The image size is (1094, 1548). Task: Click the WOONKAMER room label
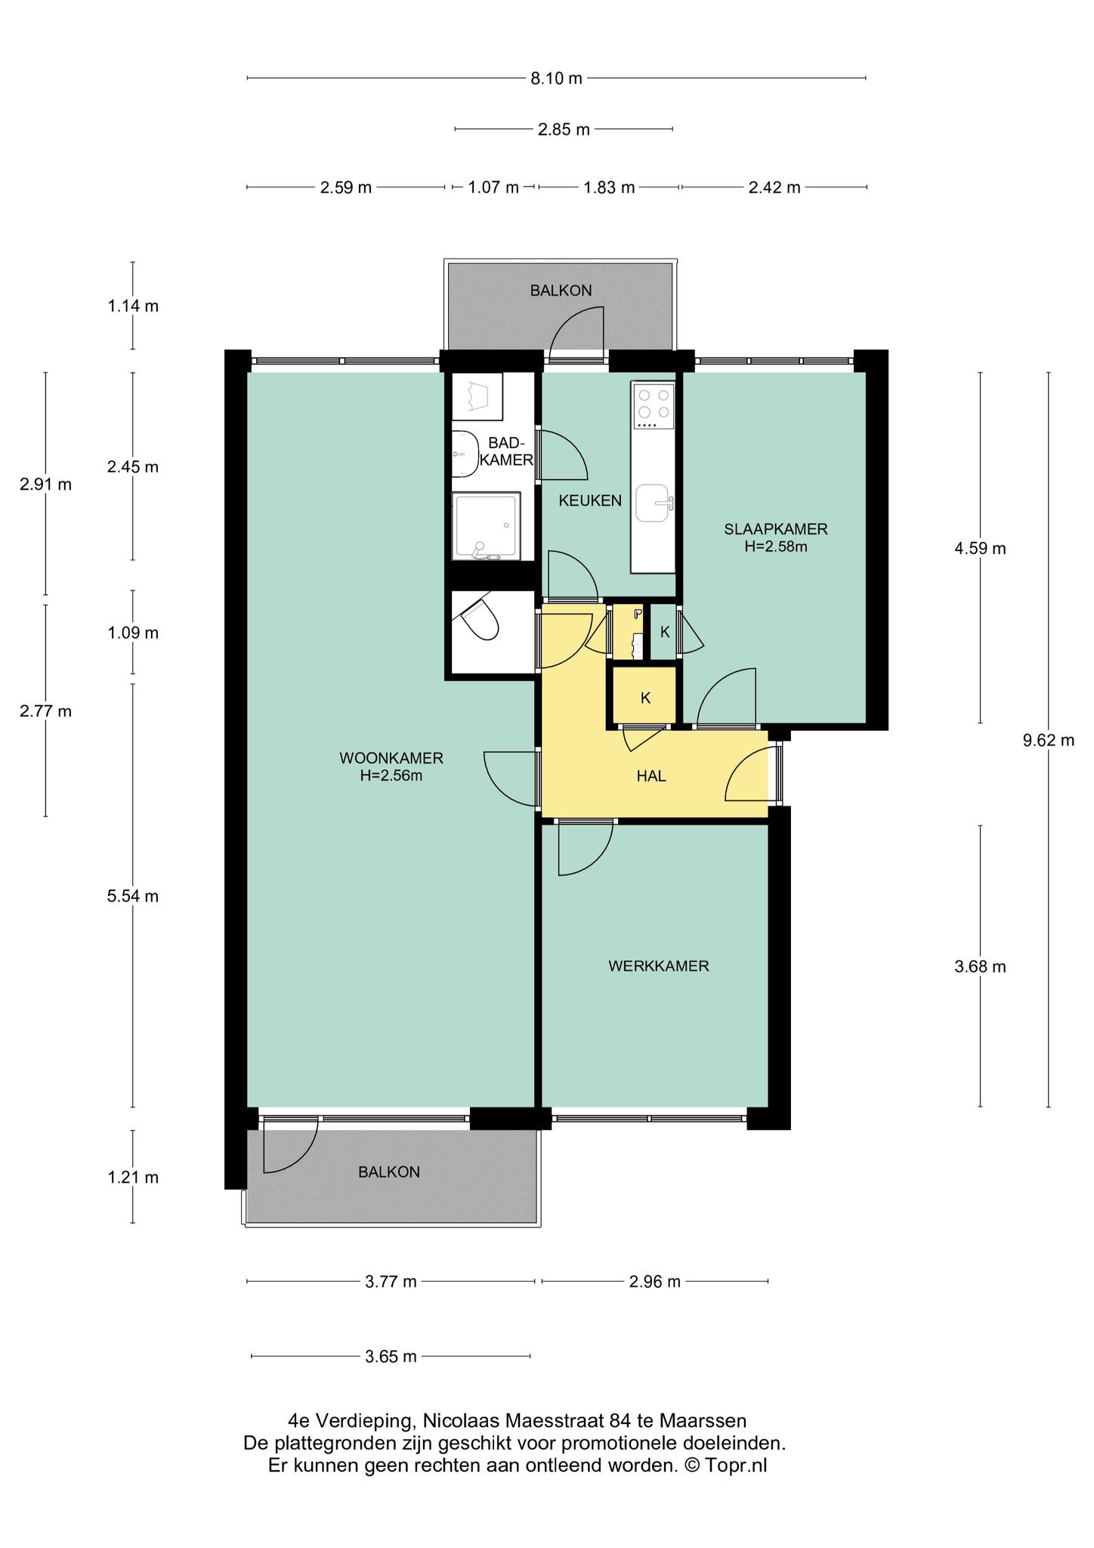tap(391, 757)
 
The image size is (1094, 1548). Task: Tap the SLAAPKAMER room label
tap(776, 529)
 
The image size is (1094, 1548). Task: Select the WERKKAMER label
tap(659, 965)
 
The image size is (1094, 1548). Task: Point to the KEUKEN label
tap(590, 500)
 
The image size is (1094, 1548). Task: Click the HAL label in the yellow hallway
tap(651, 776)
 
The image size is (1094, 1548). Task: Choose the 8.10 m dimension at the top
tap(557, 78)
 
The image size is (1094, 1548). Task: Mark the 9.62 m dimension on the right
tap(1049, 740)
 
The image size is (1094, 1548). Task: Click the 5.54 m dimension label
tap(133, 896)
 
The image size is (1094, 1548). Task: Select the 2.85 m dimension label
tap(564, 129)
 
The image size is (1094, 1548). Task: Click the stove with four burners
tap(654, 406)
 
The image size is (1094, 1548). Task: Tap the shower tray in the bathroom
tap(487, 526)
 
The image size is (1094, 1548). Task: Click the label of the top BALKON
tap(561, 290)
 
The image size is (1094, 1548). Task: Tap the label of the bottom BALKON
tap(389, 1172)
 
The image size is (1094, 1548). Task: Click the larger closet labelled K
tap(644, 697)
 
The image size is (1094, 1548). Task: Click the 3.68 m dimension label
tap(981, 966)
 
